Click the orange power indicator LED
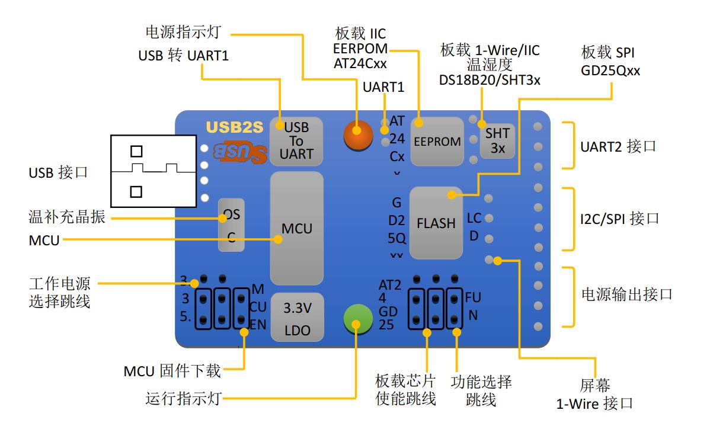tap(359, 134)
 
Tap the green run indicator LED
tap(356, 323)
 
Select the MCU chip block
tap(296, 228)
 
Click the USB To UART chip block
tap(296, 141)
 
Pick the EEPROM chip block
tap(437, 142)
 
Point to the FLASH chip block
tap(436, 223)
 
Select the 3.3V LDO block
tap(297, 318)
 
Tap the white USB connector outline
tap(153, 171)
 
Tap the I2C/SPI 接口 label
tap(619, 219)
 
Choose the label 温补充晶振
tap(67, 217)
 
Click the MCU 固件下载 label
tap(172, 371)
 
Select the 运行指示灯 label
tap(183, 398)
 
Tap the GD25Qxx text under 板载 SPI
tap(611, 71)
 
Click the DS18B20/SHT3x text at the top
tap(490, 80)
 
